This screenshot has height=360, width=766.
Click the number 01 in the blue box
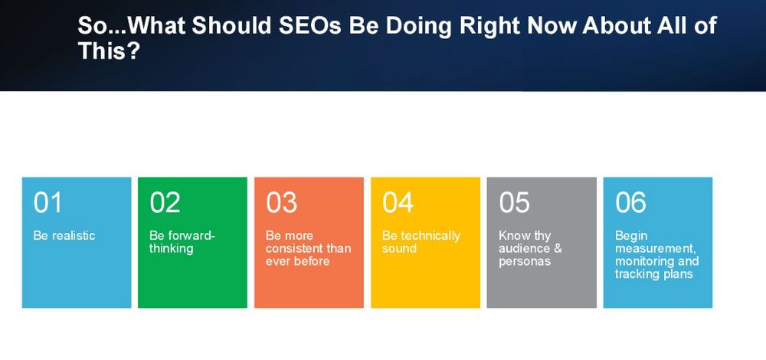point(47,202)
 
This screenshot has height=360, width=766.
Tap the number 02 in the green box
point(165,202)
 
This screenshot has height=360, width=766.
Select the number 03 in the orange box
point(281,202)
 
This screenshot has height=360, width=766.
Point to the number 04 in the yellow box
point(398,202)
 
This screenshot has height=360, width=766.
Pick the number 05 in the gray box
point(514,202)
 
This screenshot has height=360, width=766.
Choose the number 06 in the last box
point(630,202)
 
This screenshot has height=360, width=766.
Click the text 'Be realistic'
point(64,235)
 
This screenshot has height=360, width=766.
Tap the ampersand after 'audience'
point(558,248)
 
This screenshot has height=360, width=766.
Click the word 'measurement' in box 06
point(655,249)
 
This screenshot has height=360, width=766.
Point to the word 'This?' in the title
point(109,51)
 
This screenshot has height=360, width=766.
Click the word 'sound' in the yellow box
point(399,249)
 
